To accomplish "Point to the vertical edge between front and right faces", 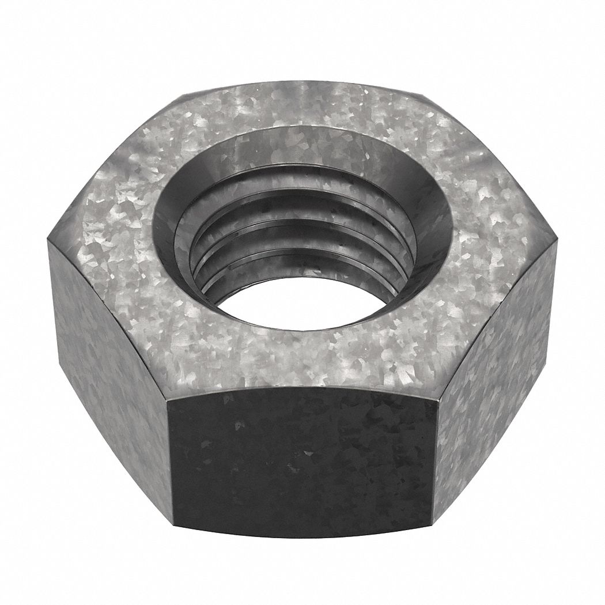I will (x=435, y=461).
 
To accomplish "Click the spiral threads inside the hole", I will (x=300, y=230).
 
